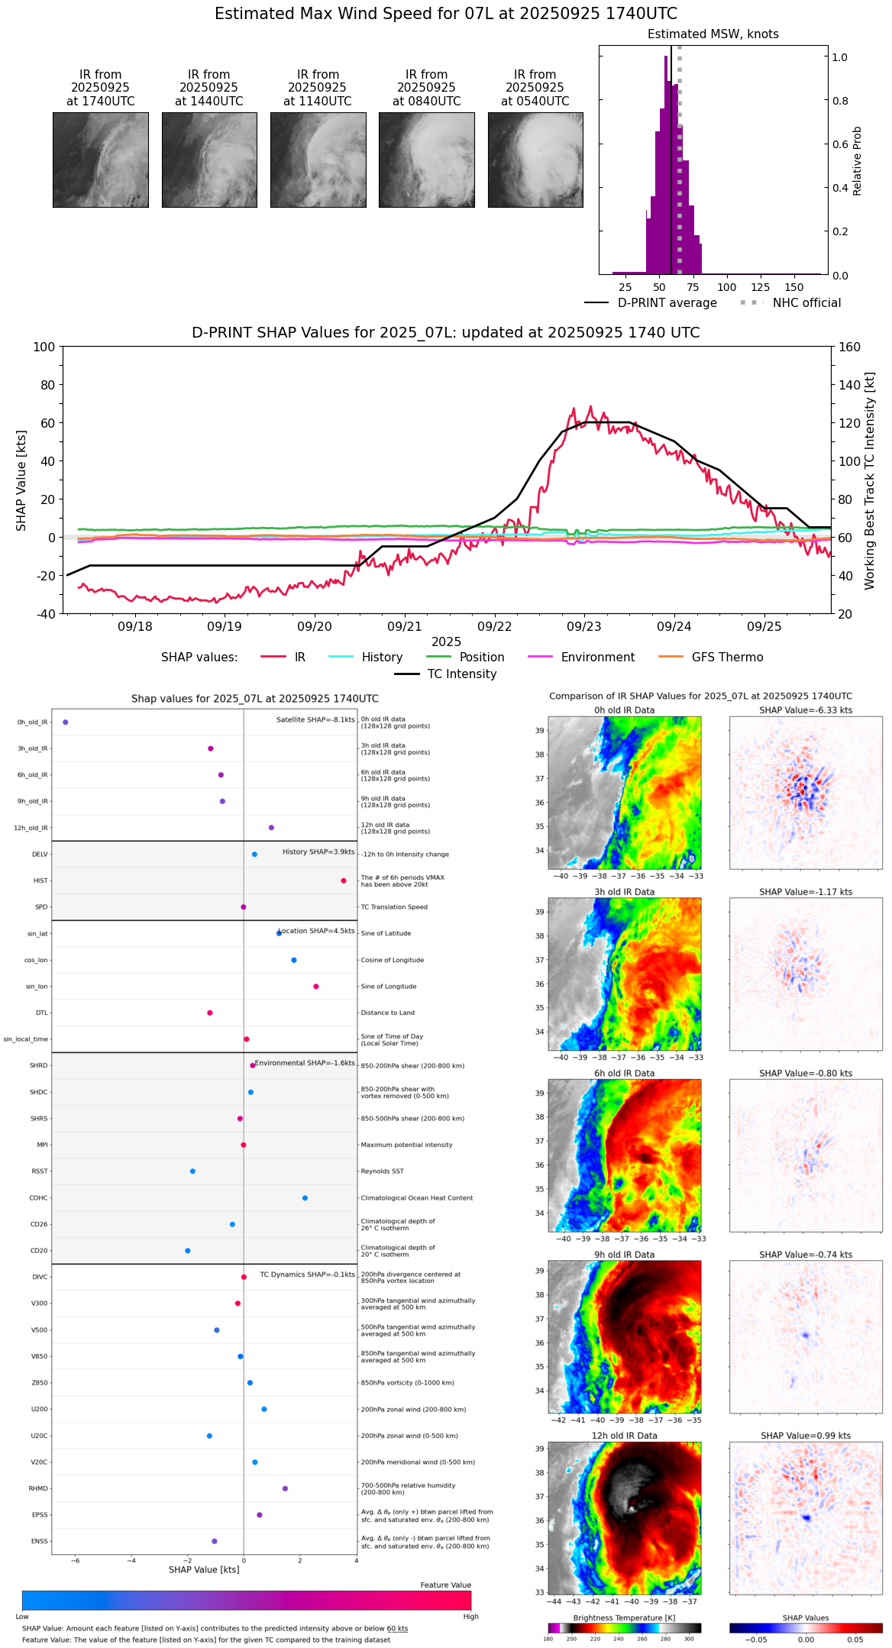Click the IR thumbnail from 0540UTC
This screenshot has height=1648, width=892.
535,160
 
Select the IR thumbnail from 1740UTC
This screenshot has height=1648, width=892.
100,160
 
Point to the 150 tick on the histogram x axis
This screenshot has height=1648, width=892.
794,287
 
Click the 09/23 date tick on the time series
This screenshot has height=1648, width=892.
584,626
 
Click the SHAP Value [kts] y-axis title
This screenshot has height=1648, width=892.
21,480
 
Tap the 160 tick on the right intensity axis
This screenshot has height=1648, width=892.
850,347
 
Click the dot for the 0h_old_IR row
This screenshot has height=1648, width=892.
66,722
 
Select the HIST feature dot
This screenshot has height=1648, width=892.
344,881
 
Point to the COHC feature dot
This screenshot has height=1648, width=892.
305,1197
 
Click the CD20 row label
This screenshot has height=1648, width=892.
39,1251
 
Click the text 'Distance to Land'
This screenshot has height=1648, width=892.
387,1013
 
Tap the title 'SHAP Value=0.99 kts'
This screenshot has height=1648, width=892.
806,1436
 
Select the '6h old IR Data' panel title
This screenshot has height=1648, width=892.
624,1073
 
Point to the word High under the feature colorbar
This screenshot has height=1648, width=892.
470,1616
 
